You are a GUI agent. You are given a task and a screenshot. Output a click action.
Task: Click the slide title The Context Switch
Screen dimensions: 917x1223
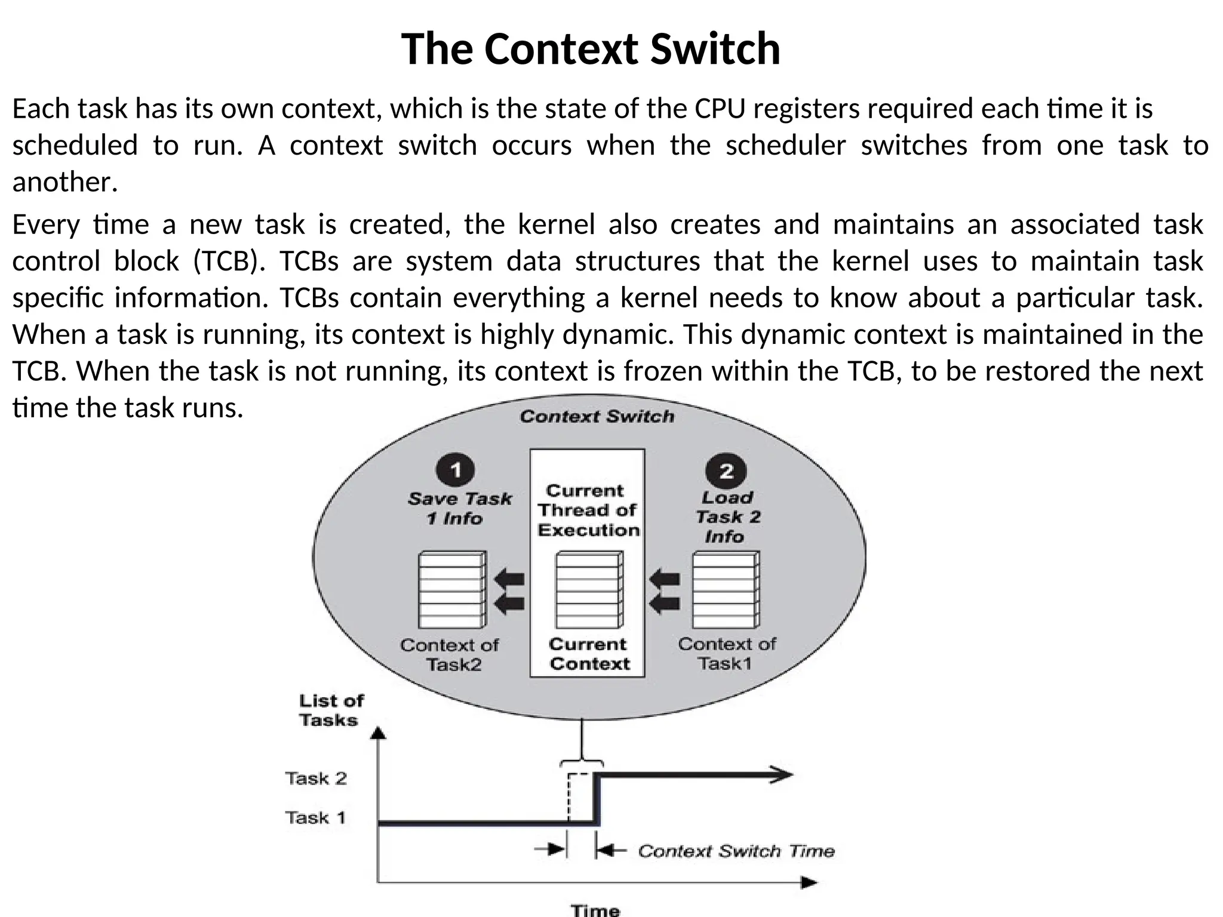590,49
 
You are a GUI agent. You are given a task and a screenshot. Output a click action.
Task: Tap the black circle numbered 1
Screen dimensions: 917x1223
456,470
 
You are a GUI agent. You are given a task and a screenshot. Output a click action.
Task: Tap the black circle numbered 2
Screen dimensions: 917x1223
726,471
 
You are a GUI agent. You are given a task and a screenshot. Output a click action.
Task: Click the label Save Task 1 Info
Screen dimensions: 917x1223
459,508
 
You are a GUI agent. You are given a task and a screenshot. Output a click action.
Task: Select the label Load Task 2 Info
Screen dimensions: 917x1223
727,516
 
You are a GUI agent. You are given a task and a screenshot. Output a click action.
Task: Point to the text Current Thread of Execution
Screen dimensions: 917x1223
588,510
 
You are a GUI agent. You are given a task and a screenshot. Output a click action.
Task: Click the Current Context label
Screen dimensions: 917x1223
589,654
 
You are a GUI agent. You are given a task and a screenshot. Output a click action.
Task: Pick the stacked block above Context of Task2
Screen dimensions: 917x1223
452,590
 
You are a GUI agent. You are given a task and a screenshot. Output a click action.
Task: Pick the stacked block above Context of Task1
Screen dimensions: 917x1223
726,590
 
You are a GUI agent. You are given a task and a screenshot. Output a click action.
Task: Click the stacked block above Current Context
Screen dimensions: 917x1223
589,590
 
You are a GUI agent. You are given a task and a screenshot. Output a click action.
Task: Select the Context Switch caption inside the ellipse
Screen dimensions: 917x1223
597,416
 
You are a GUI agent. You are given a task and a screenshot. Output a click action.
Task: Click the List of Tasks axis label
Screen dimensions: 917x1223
330,710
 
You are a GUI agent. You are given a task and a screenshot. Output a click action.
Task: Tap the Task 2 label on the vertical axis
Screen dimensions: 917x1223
316,778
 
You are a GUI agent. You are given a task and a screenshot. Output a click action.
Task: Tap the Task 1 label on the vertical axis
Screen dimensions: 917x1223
315,817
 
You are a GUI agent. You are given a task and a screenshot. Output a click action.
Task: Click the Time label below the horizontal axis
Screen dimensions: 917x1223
595,910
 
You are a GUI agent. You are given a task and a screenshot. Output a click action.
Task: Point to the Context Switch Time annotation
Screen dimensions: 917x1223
736,851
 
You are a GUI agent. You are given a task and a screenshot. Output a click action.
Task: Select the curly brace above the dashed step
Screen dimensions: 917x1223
582,762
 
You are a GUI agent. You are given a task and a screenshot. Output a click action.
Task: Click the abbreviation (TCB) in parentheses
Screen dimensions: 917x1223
229,261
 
